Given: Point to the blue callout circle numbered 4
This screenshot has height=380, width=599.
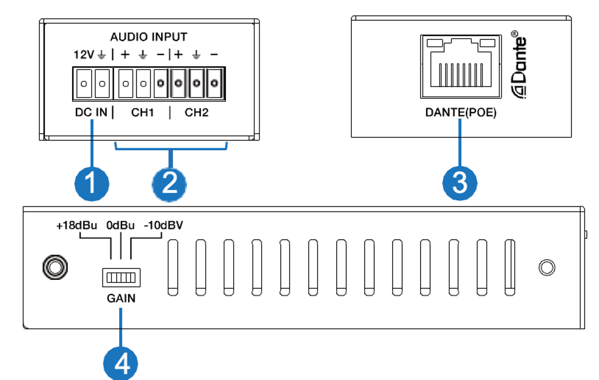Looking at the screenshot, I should [120, 363].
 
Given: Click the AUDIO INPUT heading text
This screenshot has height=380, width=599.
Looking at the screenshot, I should [148, 37].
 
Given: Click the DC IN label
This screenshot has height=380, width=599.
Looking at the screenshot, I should [91, 112].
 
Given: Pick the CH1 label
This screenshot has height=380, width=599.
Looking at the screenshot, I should [143, 112].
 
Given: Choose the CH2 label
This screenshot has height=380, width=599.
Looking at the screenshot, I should [196, 112].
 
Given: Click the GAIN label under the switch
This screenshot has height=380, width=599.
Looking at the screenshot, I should [121, 298].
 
